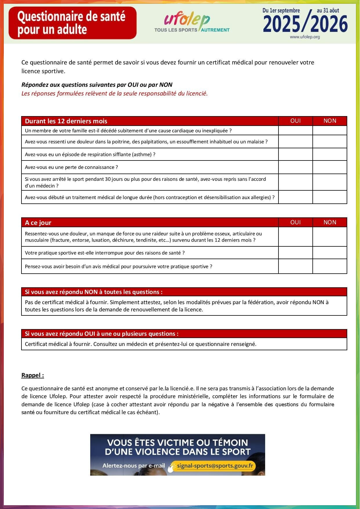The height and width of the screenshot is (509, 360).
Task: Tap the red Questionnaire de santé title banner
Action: click(73, 23)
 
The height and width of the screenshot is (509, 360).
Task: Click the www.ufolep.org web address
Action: click(305, 37)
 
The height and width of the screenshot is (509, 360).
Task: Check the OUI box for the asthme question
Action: click(295, 154)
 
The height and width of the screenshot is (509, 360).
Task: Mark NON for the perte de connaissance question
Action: click(330, 167)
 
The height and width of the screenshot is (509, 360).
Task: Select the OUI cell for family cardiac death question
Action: click(295, 131)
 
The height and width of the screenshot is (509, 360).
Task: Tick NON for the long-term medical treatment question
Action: click(330, 197)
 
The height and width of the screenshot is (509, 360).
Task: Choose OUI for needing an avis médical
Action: click(295, 266)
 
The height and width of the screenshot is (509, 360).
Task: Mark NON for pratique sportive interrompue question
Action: click(330, 253)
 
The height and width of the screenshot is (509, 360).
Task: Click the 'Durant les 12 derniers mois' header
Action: click(66, 121)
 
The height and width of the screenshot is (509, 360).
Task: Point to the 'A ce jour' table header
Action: click(38, 223)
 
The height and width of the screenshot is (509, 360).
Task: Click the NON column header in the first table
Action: click(330, 121)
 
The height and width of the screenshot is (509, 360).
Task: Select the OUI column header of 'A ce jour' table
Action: click(295, 222)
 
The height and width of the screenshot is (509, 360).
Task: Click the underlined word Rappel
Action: click(32, 375)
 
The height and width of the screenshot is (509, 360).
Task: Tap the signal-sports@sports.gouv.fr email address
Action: click(215, 466)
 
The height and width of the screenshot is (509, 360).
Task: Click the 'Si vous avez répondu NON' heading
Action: click(94, 292)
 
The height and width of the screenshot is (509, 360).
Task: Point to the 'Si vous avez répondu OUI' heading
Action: click(102, 334)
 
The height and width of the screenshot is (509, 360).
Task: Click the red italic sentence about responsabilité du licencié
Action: click(115, 93)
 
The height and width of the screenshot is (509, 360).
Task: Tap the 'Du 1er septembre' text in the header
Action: click(281, 10)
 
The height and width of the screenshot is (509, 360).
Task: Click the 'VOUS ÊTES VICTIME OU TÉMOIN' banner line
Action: click(178, 443)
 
